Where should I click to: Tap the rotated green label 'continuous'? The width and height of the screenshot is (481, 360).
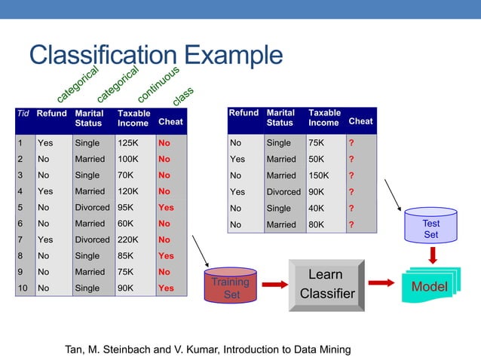[158, 84]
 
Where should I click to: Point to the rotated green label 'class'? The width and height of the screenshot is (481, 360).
[183, 96]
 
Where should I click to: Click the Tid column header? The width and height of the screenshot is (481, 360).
[23, 114]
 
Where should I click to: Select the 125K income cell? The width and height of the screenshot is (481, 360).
[128, 142]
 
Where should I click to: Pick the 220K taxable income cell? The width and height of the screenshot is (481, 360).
[128, 239]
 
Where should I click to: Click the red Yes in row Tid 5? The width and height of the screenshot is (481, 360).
[166, 207]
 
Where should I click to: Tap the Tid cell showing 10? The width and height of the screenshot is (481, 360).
[23, 288]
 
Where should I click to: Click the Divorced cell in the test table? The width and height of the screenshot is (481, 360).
[283, 191]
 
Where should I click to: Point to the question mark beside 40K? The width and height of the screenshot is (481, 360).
[351, 208]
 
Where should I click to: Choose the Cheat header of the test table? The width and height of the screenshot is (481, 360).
[360, 121]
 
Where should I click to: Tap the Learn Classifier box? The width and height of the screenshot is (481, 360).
[326, 285]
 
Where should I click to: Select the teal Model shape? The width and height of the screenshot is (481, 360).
[428, 286]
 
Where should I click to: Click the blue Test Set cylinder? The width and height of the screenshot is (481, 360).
[430, 227]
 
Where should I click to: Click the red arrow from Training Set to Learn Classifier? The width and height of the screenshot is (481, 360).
[272, 285]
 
